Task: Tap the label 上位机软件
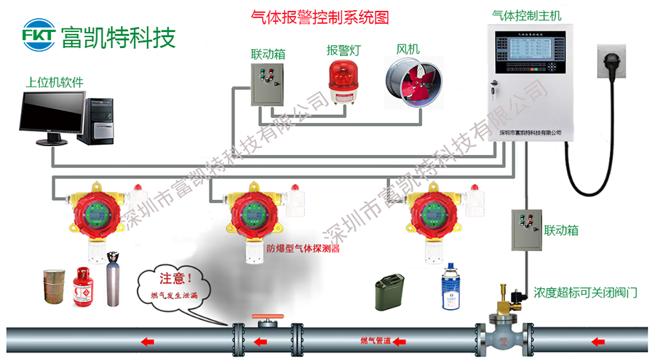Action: click(x=54, y=83)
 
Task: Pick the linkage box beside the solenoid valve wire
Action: click(x=525, y=230)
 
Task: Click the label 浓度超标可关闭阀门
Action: click(x=586, y=293)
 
